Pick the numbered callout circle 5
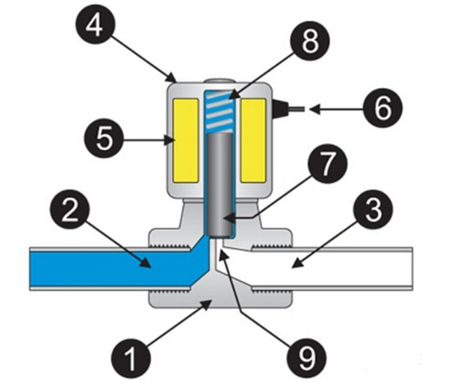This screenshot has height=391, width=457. [104, 139]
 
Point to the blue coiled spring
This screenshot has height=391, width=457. [218, 109]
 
